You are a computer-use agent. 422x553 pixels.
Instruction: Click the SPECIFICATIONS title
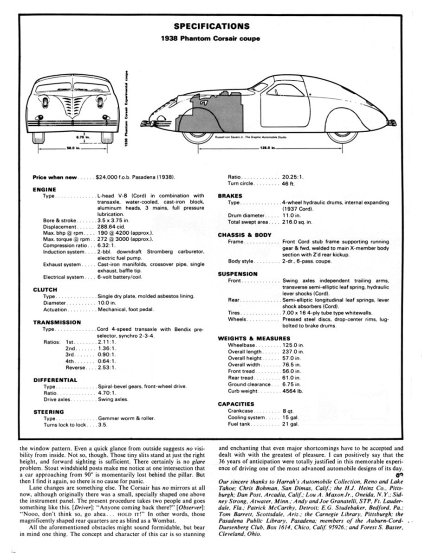point(211,26)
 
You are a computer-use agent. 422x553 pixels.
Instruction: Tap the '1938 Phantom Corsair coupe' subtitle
point(210,39)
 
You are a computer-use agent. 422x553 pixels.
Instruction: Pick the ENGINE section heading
point(45,190)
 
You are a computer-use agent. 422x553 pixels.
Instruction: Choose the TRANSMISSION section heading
point(57,322)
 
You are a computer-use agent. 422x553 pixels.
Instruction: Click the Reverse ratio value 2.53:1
point(107,367)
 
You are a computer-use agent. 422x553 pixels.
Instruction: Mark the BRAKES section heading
point(230,196)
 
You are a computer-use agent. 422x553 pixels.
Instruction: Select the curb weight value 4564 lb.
point(293,392)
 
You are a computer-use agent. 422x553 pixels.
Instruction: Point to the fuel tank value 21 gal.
point(290,424)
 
